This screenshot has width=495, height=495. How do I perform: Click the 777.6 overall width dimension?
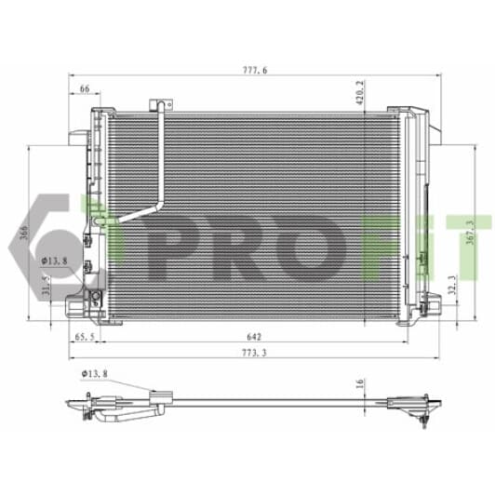click(x=255, y=70)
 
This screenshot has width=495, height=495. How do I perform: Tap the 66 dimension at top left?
click(x=85, y=88)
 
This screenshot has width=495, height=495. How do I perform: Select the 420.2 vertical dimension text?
click(x=359, y=92)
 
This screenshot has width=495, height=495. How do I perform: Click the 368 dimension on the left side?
click(x=24, y=233)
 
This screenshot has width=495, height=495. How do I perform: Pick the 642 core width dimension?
click(x=254, y=337)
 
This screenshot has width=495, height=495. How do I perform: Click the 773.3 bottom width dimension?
click(x=254, y=353)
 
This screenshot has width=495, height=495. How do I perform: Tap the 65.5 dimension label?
click(x=85, y=337)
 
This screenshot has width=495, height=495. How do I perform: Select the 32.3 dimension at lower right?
click(x=452, y=285)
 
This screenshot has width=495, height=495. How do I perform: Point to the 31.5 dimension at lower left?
click(x=47, y=286)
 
